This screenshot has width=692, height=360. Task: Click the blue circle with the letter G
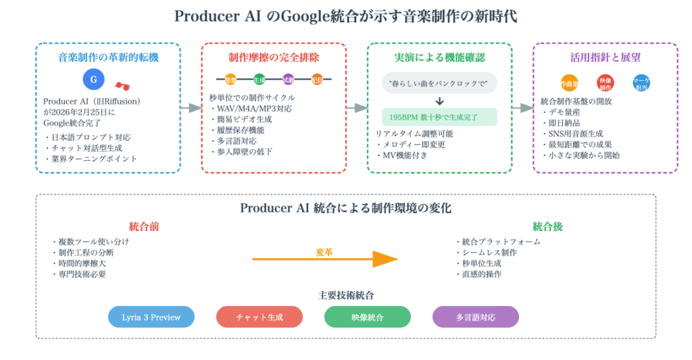tap(94, 80)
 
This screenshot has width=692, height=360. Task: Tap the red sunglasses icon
tap(122, 86)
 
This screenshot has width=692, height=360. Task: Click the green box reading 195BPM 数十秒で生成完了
tap(439, 117)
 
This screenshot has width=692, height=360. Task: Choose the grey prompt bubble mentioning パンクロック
tap(439, 83)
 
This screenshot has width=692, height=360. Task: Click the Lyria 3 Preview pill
tap(151, 317)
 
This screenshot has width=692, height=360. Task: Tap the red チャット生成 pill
tap(259, 317)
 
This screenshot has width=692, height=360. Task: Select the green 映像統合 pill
tap(368, 317)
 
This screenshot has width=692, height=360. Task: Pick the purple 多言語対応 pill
tap(476, 317)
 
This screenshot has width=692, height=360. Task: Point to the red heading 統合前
tap(144, 226)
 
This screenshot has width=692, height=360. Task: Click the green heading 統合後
tap(547, 226)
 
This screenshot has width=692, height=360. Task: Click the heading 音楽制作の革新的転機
tap(108, 57)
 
